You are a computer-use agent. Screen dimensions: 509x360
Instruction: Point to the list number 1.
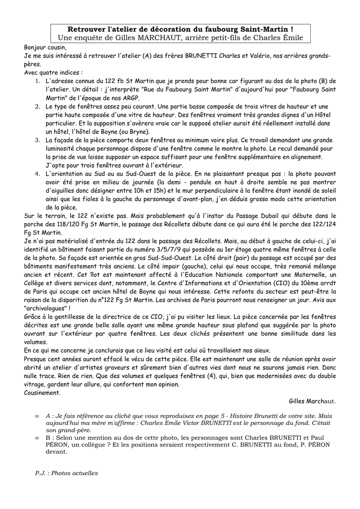click(38, 81)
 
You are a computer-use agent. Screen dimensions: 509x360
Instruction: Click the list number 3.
click(38, 141)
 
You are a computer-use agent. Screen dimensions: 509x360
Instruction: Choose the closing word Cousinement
click(42, 393)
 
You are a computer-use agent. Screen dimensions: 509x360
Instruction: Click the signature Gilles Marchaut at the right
click(312, 401)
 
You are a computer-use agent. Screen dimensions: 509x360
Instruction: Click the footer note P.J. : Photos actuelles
click(67, 473)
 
